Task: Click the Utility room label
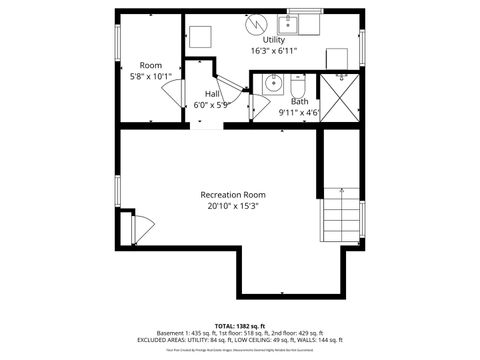[x=273, y=40]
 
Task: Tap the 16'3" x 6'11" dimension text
[x=273, y=51]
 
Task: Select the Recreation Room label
[x=233, y=194]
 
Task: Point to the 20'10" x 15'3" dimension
[x=233, y=206]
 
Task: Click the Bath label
[x=299, y=101]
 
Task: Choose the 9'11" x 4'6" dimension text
[x=299, y=112]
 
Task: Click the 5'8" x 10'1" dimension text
[x=151, y=76]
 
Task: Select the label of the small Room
[x=151, y=65]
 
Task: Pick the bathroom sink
[x=272, y=85]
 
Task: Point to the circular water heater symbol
[x=256, y=21]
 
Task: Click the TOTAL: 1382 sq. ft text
[x=239, y=326]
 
